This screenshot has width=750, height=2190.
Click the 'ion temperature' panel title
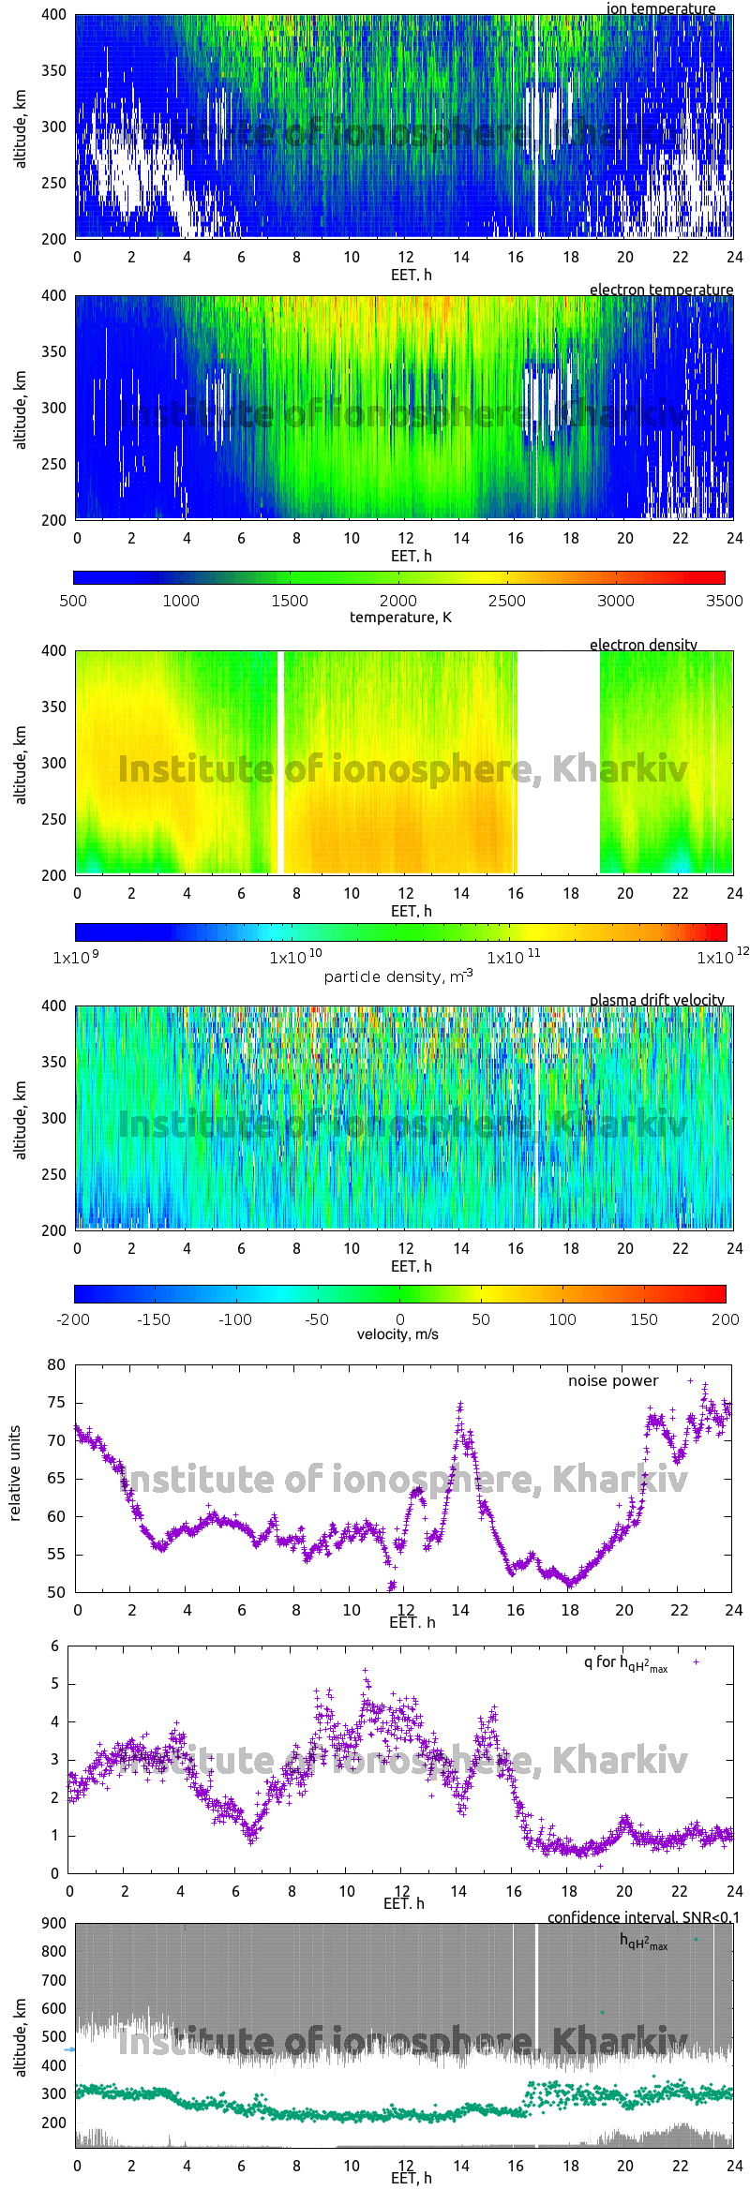pos(660,8)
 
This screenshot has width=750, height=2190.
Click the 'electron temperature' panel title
pos(661,290)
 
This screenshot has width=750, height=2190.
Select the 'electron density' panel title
pos(643,645)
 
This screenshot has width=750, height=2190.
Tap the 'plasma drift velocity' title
pos(656,1000)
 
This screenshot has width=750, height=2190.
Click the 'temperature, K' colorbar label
pos(400,617)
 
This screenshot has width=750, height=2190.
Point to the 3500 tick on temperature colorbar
pos(724,601)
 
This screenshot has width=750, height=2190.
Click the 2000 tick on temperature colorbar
pos(398,601)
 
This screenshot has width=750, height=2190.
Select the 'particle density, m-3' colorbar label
pos(398,976)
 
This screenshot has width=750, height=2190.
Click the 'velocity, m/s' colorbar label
pos(397,1333)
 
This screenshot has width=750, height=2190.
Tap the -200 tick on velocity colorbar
pos(73,1319)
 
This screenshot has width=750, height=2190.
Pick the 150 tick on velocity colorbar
pos(644,1319)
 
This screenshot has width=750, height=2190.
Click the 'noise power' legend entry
pos(613,1381)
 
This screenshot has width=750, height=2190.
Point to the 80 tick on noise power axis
pos(56,1365)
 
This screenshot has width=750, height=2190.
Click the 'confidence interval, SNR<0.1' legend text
pos(643,1917)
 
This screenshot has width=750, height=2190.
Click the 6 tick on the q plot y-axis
pos(55,1646)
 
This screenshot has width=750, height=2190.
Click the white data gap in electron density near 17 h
pos(558,762)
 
